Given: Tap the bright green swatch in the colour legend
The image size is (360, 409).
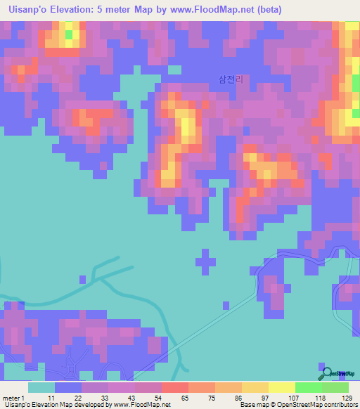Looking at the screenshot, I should point(308,387).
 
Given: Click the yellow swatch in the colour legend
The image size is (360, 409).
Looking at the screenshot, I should point(281,387).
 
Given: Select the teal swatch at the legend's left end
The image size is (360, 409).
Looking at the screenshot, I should point(41,387).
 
